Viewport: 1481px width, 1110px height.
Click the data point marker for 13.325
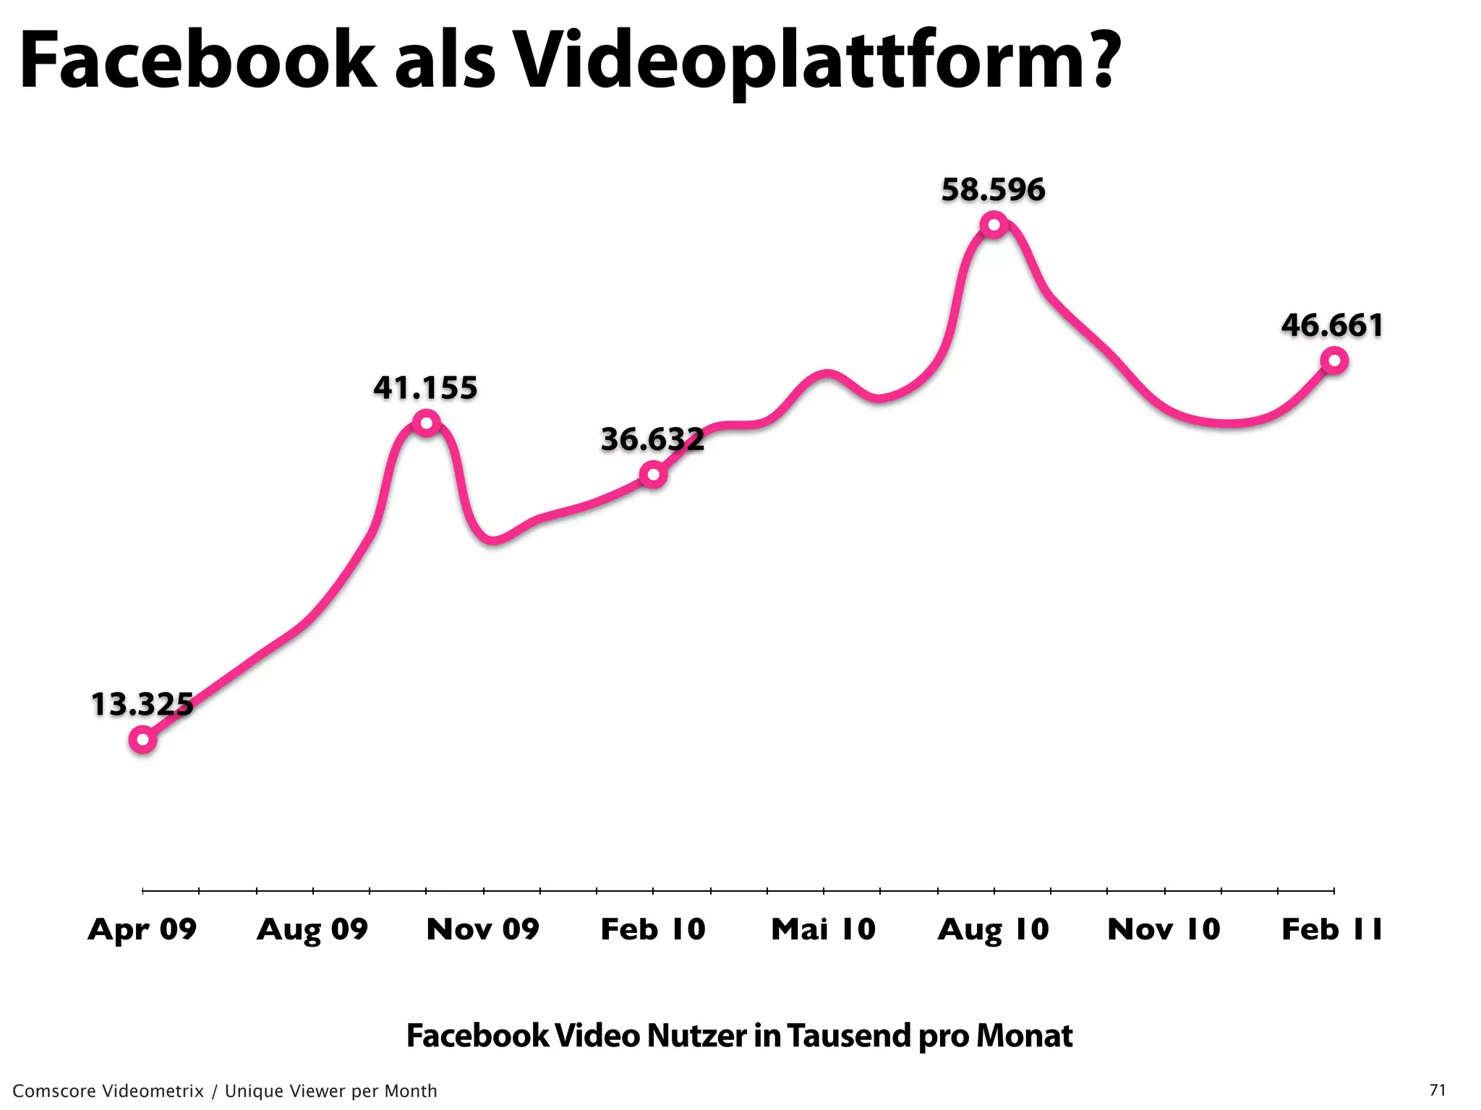[x=142, y=739]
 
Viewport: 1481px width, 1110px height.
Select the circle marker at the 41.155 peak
[x=426, y=423]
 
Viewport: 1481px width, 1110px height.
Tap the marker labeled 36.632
[x=653, y=475]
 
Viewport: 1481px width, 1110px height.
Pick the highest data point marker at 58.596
[x=994, y=225]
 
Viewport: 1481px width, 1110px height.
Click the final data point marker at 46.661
[x=1333, y=360]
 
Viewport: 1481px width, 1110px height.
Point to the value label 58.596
[x=993, y=189]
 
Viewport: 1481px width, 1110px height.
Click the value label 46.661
[x=1332, y=325]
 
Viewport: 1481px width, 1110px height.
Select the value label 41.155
[x=425, y=388]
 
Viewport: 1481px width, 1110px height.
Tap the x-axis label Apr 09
[x=142, y=929]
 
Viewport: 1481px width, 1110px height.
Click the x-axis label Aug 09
[x=312, y=929]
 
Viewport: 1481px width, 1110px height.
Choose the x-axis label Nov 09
[x=483, y=929]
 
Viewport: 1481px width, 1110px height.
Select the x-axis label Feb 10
[x=653, y=929]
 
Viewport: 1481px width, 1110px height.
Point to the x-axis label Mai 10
[x=823, y=929]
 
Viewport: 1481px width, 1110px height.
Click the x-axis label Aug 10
[x=994, y=929]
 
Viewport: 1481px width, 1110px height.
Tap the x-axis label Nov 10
[x=1164, y=929]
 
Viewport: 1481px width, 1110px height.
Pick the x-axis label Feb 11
[x=1332, y=929]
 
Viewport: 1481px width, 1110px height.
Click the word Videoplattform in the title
[x=817, y=61]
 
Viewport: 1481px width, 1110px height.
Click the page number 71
[x=1438, y=1090]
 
